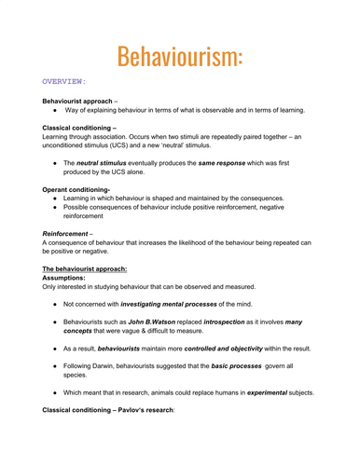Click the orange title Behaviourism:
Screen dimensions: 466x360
pyautogui.click(x=180, y=43)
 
